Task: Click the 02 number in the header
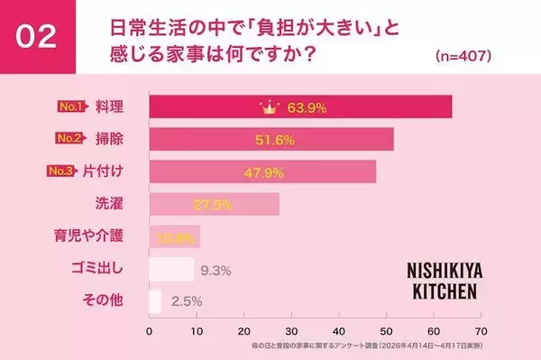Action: (x=36, y=36)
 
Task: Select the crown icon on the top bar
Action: (x=268, y=106)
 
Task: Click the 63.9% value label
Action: (x=301, y=106)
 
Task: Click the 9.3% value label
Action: (x=217, y=268)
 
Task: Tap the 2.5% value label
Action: (x=186, y=300)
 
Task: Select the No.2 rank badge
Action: (x=69, y=138)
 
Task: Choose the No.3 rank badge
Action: (x=69, y=171)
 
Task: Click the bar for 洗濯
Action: (x=214, y=204)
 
